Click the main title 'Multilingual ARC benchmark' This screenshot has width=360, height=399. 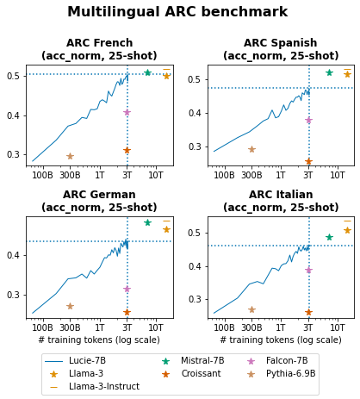(x=177, y=13)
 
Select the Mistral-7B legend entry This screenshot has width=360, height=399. (x=198, y=361)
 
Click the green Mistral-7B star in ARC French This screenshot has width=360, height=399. (x=147, y=73)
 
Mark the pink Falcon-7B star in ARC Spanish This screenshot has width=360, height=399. (x=308, y=121)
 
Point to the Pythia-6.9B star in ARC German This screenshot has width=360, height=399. (x=70, y=306)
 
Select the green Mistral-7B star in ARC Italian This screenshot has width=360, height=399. (x=329, y=237)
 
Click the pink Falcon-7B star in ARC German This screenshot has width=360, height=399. (x=127, y=289)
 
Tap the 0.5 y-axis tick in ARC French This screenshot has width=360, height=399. (x=15, y=77)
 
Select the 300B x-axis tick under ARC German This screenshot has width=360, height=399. (x=70, y=328)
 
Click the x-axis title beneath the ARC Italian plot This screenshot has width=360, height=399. (x=280, y=340)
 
